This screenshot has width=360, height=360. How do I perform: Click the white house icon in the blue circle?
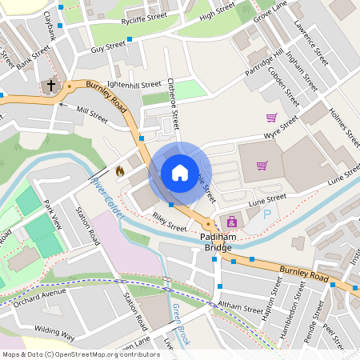pos(180,172)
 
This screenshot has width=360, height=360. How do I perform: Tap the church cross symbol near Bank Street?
pos(51,84)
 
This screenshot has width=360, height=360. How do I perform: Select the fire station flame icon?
pos(120,170)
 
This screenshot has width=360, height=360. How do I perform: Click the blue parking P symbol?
pos(268,214)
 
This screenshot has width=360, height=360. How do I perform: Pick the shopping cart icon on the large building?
pos(262,166)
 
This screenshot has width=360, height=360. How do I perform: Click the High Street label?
pos(218,14)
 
